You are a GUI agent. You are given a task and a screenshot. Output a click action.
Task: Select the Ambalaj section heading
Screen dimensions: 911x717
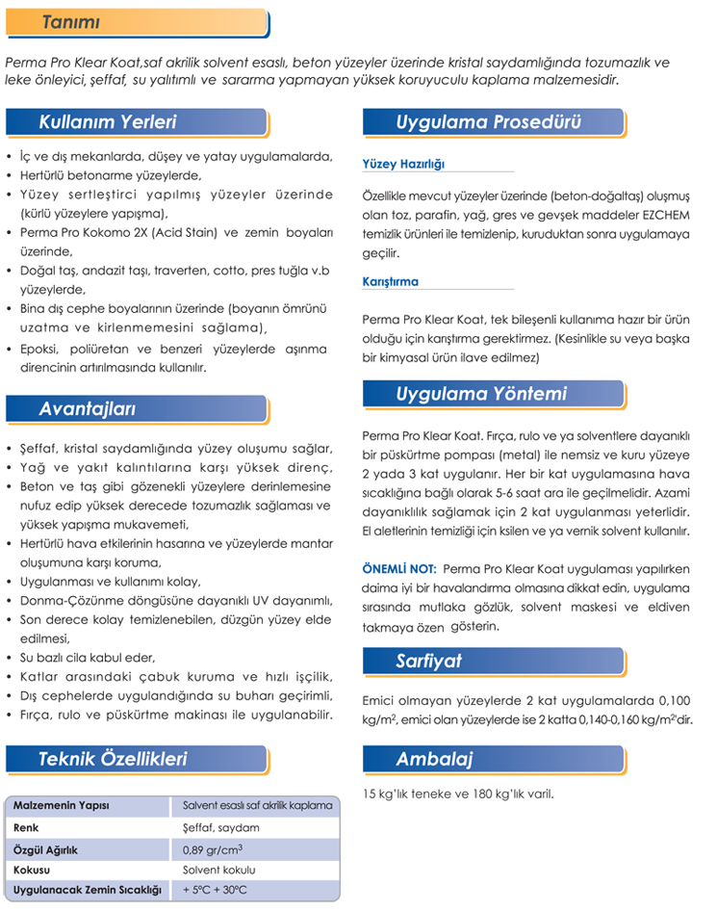434,759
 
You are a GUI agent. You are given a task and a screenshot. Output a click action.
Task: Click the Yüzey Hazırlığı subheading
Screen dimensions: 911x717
403,164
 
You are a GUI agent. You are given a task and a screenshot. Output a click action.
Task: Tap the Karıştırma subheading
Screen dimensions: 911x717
391,282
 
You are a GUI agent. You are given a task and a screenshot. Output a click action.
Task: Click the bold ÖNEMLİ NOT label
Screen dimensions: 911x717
399,568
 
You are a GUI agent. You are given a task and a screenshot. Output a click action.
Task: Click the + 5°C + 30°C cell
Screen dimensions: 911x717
215,891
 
